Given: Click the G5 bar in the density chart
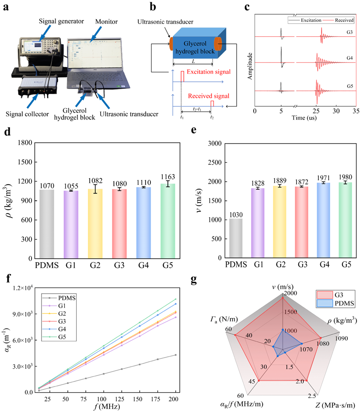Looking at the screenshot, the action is point(168,221).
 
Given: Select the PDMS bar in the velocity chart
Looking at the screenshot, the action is point(236,238).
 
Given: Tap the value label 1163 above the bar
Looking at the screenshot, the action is point(168,177).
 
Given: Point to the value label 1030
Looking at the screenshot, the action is point(236,215).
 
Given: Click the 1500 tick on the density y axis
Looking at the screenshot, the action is point(25,162).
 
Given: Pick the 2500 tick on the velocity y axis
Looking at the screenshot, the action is point(215,162).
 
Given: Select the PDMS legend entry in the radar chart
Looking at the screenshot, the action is point(336,303).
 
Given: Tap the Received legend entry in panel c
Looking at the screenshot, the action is point(338,20).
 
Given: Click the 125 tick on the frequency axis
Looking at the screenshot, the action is point(119,399).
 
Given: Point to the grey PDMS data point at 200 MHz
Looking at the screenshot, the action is point(175,355).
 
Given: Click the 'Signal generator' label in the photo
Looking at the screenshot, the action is point(61,21).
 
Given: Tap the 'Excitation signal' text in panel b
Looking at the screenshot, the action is point(209,72).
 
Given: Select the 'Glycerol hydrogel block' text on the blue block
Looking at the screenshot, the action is point(195,47).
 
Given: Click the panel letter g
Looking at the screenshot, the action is point(194,280).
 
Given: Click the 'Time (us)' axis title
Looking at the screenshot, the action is point(304,118).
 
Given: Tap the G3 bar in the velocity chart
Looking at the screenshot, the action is point(302,222).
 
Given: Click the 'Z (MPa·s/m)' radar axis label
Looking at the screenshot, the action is point(335,405).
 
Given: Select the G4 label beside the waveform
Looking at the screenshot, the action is point(350,58).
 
